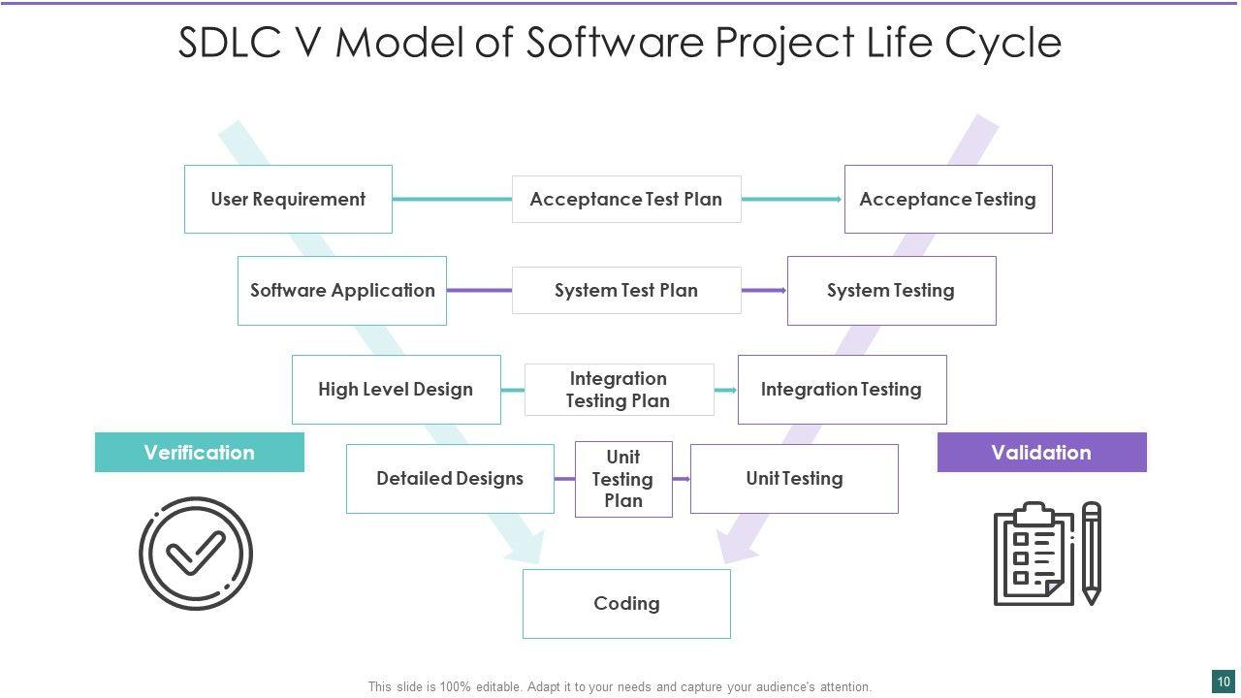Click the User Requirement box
[x=288, y=199]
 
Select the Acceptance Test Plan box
[x=626, y=199]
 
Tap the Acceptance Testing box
[x=948, y=199]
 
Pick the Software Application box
[x=342, y=290]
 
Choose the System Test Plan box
[x=626, y=290]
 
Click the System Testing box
[x=891, y=290]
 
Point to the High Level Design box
[x=396, y=389]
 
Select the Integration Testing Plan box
[x=619, y=390]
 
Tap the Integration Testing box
[x=842, y=389]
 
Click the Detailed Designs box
[x=450, y=478]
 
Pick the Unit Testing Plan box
[x=623, y=479]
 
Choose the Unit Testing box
[x=794, y=478]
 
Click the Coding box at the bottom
[x=626, y=603]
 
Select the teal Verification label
[x=199, y=453]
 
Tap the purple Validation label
[x=1041, y=453]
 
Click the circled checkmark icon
[x=196, y=554]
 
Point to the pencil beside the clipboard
[x=1092, y=553]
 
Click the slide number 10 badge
[x=1224, y=682]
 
